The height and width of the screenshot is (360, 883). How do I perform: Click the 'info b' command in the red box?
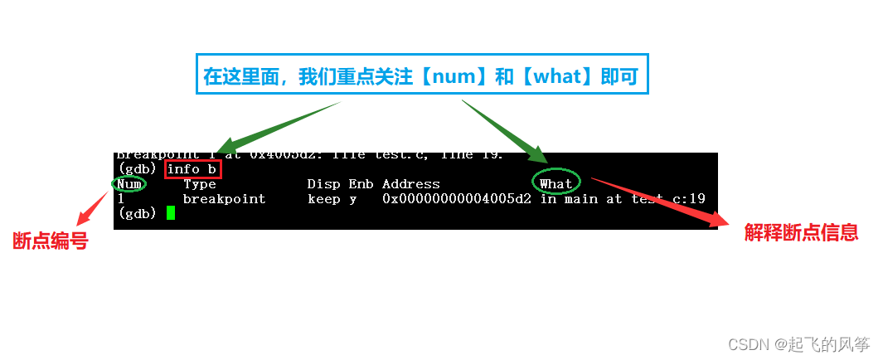(x=193, y=169)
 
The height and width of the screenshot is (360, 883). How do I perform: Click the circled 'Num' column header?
(x=129, y=184)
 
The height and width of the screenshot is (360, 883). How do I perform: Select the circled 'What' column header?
(x=556, y=183)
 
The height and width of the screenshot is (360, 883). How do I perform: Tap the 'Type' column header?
(x=199, y=184)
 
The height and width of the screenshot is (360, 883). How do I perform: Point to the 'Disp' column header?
(x=323, y=184)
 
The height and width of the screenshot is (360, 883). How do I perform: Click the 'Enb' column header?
(x=361, y=184)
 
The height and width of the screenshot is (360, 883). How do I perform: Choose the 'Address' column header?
(x=411, y=184)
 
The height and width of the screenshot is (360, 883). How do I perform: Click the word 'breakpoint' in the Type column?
(x=224, y=199)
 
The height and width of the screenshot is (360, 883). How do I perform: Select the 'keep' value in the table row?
(x=323, y=199)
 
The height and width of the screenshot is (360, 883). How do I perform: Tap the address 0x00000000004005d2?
(x=457, y=199)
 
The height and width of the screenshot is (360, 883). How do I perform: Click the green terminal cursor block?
(x=171, y=213)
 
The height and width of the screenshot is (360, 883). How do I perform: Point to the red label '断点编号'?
(x=51, y=242)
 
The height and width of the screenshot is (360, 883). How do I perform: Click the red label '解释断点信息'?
(x=800, y=233)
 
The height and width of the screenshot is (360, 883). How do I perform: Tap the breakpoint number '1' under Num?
(x=121, y=199)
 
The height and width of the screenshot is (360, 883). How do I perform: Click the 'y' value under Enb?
(x=353, y=199)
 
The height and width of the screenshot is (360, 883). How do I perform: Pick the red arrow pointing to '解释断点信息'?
(x=655, y=200)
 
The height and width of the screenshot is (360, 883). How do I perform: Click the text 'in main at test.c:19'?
(x=622, y=199)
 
